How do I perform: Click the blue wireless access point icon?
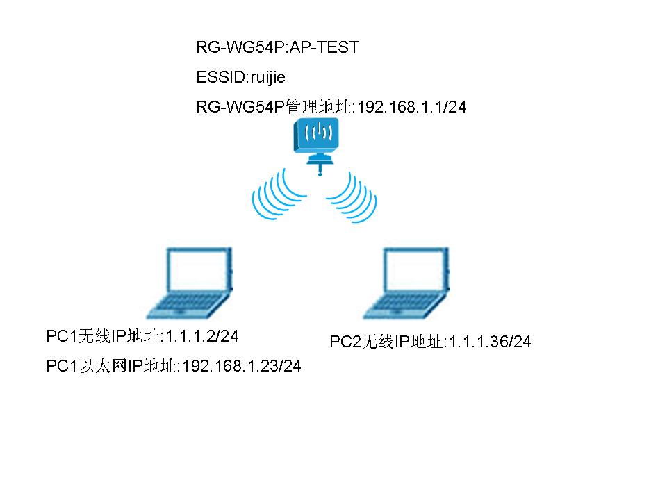[317, 136]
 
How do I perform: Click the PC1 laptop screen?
[199, 272]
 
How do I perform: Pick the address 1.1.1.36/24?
[490, 342]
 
